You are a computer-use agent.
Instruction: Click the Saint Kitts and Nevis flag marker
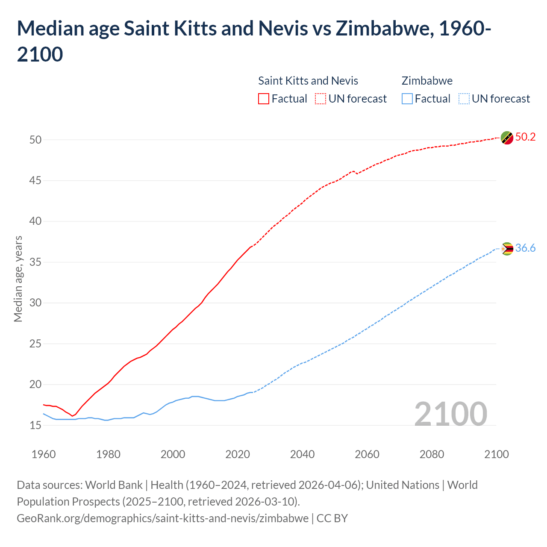[x=507, y=138]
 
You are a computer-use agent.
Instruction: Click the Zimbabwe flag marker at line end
[x=507, y=249]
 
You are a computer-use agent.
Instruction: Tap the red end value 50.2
[x=525, y=137]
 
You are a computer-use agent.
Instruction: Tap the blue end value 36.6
[x=525, y=248]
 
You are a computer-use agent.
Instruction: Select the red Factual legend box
[x=264, y=99]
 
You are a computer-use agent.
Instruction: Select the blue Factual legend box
[x=407, y=99]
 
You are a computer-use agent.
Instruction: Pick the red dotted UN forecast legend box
[x=321, y=99]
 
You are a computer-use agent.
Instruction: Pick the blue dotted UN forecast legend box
[x=464, y=99]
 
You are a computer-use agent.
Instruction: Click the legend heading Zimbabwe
[x=427, y=81]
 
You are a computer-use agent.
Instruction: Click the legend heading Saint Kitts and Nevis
[x=308, y=81]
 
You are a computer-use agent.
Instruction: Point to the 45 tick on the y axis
[x=35, y=181]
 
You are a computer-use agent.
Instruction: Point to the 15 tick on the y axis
[x=35, y=425]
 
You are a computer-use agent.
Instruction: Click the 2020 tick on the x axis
[x=238, y=454]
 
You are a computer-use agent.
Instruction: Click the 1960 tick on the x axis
[x=44, y=454]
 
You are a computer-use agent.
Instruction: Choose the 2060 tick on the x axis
[x=367, y=454]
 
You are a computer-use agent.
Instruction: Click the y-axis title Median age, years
[x=18, y=279]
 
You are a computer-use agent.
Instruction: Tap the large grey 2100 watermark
[x=450, y=414]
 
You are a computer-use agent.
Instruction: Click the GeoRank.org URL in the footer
[x=162, y=518]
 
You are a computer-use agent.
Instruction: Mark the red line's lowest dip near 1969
[x=72, y=416]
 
